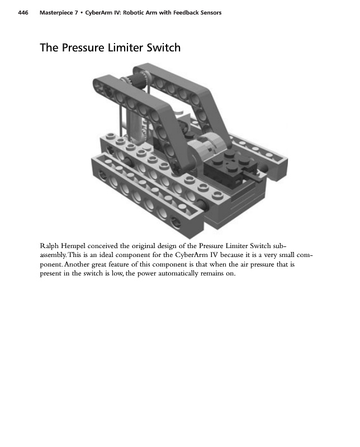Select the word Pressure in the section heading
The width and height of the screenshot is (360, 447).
coord(84,48)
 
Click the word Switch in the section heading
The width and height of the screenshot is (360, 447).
coord(163,48)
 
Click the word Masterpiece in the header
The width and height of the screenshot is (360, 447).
coord(58,12)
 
